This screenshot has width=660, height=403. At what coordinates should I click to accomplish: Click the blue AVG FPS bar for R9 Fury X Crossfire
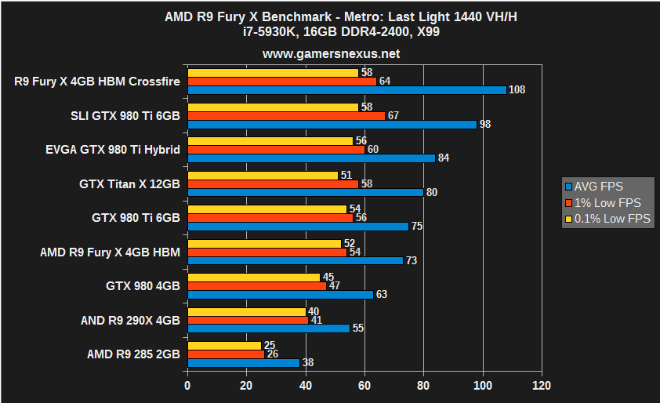(x=347, y=89)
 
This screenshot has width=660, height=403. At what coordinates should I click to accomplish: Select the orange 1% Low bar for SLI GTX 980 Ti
(x=286, y=115)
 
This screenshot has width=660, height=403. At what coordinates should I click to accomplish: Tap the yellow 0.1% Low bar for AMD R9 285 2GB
(x=224, y=346)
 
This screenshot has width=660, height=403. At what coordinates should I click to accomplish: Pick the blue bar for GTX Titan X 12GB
(x=306, y=192)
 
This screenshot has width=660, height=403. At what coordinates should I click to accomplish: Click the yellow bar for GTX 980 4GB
(x=254, y=278)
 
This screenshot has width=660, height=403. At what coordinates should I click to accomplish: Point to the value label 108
(x=517, y=89)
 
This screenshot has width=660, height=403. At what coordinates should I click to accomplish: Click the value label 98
(x=485, y=124)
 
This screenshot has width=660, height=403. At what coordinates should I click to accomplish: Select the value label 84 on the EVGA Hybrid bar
(x=444, y=158)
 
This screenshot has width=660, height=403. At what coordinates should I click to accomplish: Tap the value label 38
(x=308, y=363)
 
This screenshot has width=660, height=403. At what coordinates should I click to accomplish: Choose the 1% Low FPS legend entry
(x=603, y=203)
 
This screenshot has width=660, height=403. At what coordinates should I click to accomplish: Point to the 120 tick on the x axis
(x=541, y=386)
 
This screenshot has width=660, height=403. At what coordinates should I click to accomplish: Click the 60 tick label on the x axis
(x=364, y=386)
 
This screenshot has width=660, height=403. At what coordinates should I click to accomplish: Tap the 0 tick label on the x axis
(x=187, y=386)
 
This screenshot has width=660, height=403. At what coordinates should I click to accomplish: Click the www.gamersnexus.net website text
(x=331, y=54)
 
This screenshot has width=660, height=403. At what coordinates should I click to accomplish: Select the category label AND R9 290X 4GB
(x=130, y=320)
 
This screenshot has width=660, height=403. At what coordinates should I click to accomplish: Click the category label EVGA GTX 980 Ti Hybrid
(x=113, y=149)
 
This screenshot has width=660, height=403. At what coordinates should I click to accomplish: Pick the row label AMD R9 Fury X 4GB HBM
(x=110, y=252)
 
